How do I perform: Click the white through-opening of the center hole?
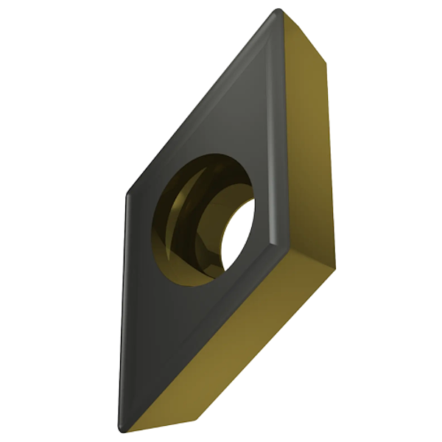tap(237, 234)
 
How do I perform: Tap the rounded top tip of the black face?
tap(277, 13)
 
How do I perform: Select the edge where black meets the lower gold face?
tap(206, 335)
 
